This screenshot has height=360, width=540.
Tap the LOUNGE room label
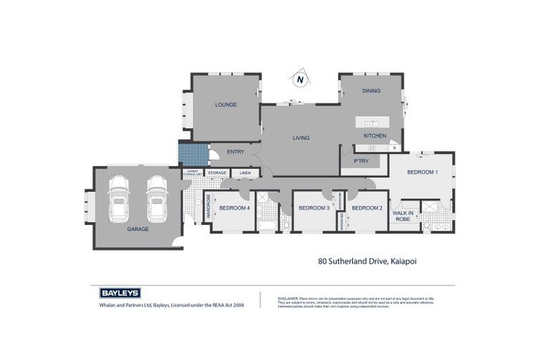pos(226,105)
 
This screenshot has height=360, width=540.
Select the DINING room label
pos(371,91)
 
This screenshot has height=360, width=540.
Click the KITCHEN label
pos(374,135)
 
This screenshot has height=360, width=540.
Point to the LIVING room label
pos(301,138)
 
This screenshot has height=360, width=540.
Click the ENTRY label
pos(236,151)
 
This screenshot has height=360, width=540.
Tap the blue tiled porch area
pos(193,153)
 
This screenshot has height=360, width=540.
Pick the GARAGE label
pos(137,229)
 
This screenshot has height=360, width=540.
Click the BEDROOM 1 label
pos(423,172)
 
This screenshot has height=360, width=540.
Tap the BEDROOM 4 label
pos(234,208)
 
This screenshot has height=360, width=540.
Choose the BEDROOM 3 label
pos(314,208)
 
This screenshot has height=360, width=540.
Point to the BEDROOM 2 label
pos(366,208)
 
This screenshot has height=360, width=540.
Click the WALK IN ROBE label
pos(402,216)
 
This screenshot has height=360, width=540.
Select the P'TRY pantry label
pos(351,161)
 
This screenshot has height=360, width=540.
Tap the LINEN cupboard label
pos(245,172)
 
